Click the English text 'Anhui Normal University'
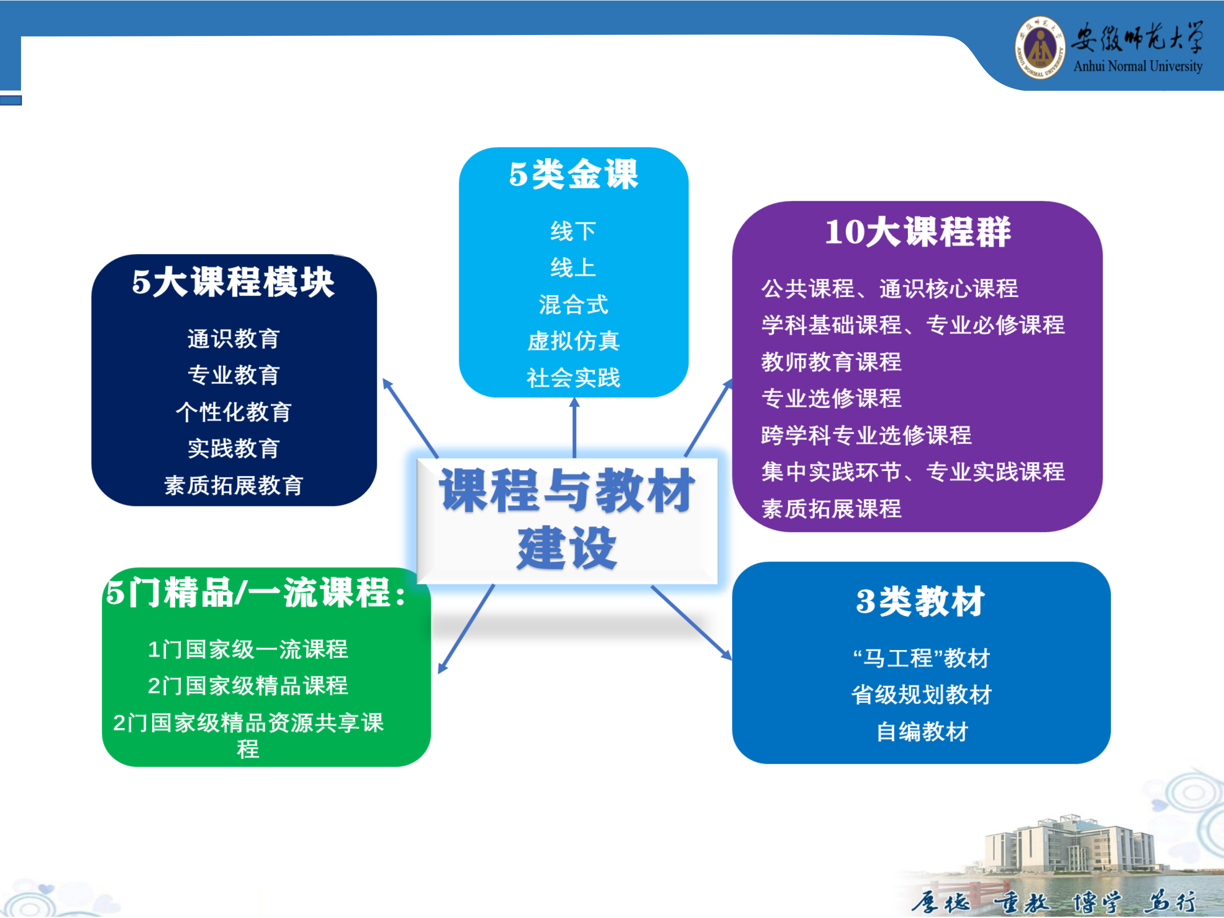click(1138, 66)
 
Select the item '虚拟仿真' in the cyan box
click(574, 341)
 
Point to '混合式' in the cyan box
click(574, 304)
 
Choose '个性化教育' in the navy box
click(234, 412)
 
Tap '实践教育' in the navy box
click(234, 448)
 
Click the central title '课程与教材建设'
click(567, 519)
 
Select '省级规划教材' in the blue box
click(922, 695)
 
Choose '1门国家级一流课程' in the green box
click(248, 649)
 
